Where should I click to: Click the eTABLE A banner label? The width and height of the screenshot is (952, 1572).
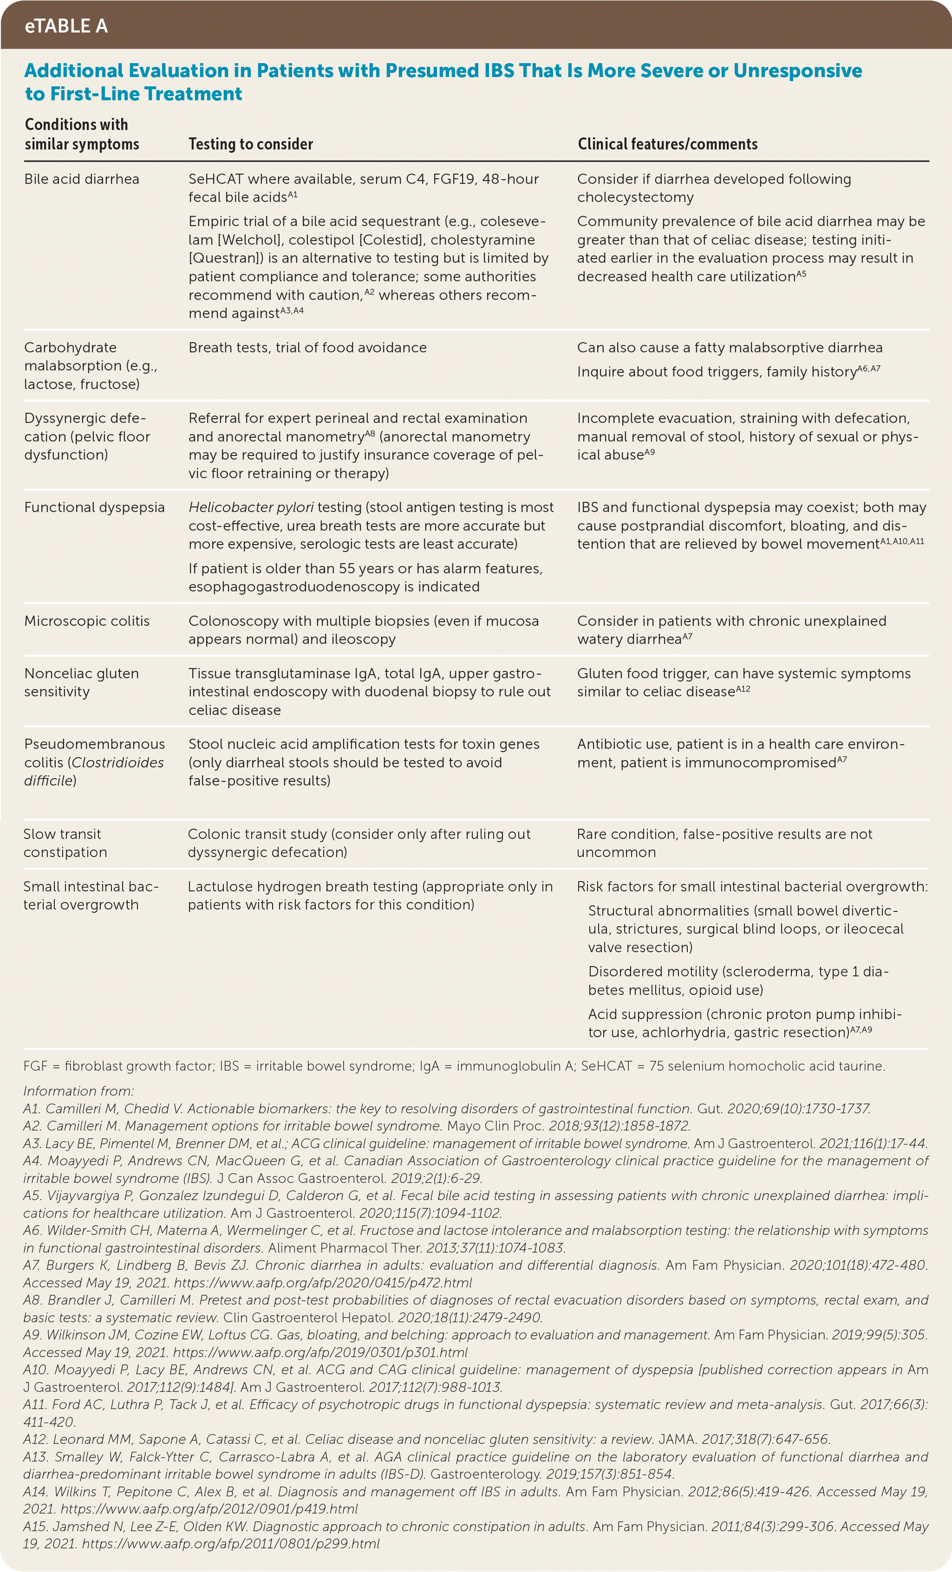[66, 26]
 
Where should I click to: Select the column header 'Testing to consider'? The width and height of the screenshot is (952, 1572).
[251, 144]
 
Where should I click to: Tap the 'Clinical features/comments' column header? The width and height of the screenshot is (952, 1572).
[667, 144]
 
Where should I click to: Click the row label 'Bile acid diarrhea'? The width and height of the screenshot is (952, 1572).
[82, 179]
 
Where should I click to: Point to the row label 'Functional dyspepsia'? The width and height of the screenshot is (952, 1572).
[94, 507]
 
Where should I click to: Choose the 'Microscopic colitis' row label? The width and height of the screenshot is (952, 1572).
[87, 621]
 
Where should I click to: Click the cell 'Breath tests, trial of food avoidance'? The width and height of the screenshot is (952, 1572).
[307, 348]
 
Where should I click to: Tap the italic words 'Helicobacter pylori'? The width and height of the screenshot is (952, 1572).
[251, 507]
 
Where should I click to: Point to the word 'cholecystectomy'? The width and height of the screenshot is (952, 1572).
[635, 197]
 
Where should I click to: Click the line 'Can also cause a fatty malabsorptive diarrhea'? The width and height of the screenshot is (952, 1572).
[730, 348]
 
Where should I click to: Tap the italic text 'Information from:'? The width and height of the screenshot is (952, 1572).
[78, 1091]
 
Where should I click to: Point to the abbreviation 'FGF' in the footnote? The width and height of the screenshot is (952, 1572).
[36, 1066]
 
